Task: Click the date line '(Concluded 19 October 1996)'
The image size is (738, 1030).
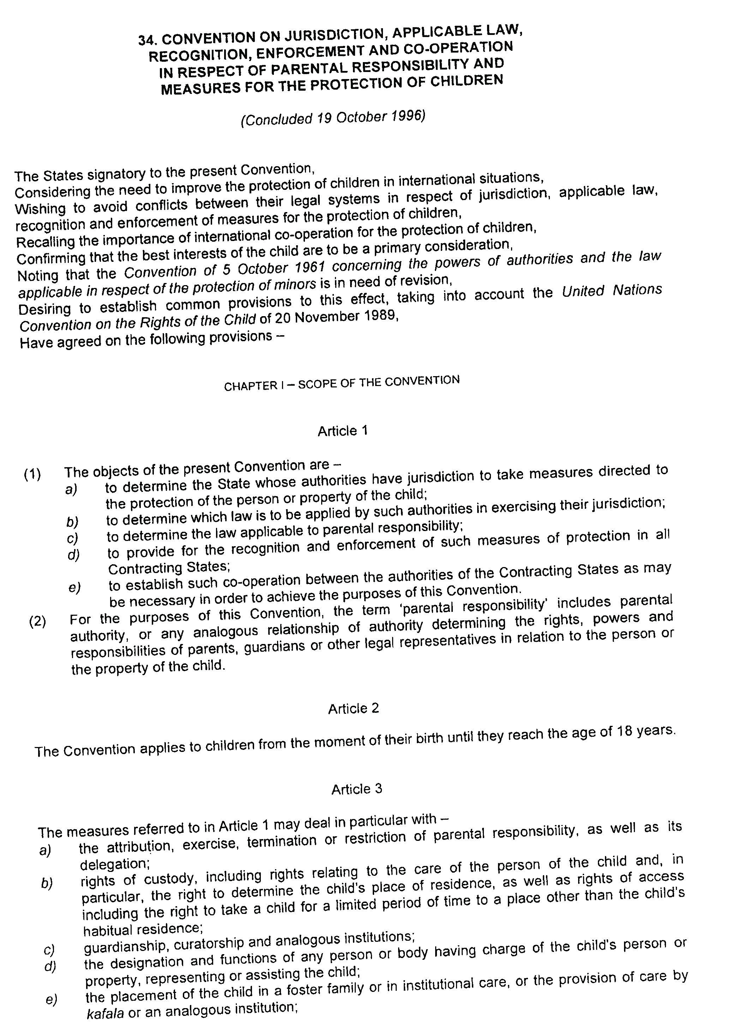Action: [333, 118]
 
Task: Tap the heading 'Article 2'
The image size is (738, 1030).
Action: [353, 709]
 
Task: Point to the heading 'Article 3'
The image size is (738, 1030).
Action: [356, 789]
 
